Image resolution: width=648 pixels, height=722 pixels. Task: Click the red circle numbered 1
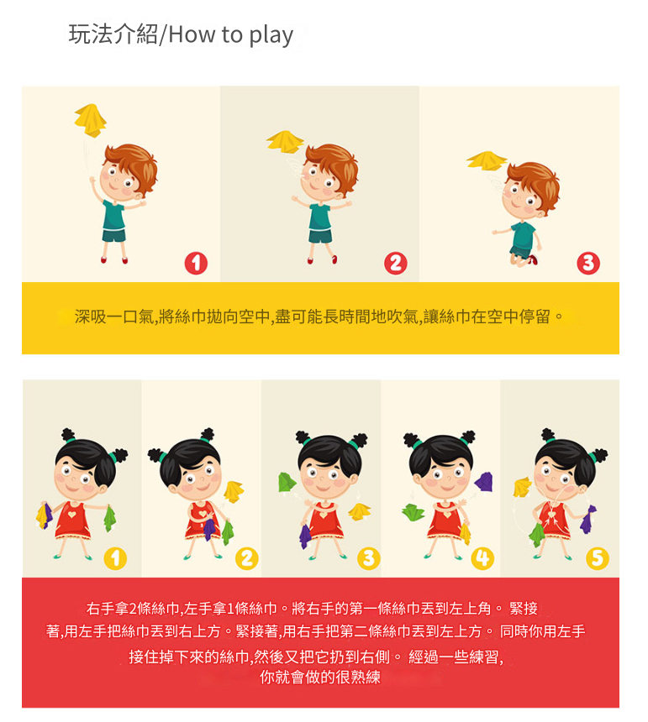[x=196, y=263]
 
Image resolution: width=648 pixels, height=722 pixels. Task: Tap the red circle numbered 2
[x=395, y=263]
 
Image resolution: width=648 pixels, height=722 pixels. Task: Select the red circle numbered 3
[x=588, y=263]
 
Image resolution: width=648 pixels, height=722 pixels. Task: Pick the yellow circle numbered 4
[x=482, y=558]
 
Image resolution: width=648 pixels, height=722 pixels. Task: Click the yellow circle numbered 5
[x=598, y=558]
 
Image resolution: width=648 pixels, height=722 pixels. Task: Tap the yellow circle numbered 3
[x=369, y=558]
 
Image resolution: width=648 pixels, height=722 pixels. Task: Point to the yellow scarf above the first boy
[x=91, y=120]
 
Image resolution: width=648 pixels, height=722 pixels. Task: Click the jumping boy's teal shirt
[x=524, y=236]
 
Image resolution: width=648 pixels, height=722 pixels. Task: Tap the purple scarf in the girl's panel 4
[x=484, y=482]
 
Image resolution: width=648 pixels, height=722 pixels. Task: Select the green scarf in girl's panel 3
[x=287, y=482]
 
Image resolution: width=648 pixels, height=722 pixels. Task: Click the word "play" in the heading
[x=271, y=35]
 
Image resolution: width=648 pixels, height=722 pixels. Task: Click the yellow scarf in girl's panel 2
[x=234, y=491]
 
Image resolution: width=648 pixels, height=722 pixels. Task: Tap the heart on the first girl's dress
[x=71, y=514]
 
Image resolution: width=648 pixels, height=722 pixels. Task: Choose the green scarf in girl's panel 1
[x=110, y=519]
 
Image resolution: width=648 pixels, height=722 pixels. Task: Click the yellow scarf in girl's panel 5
[x=523, y=487]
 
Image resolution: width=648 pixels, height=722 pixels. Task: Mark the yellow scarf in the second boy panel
[x=285, y=141]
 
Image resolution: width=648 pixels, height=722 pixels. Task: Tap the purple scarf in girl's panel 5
[x=587, y=520]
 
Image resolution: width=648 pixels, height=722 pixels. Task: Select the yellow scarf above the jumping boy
[x=487, y=160]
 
